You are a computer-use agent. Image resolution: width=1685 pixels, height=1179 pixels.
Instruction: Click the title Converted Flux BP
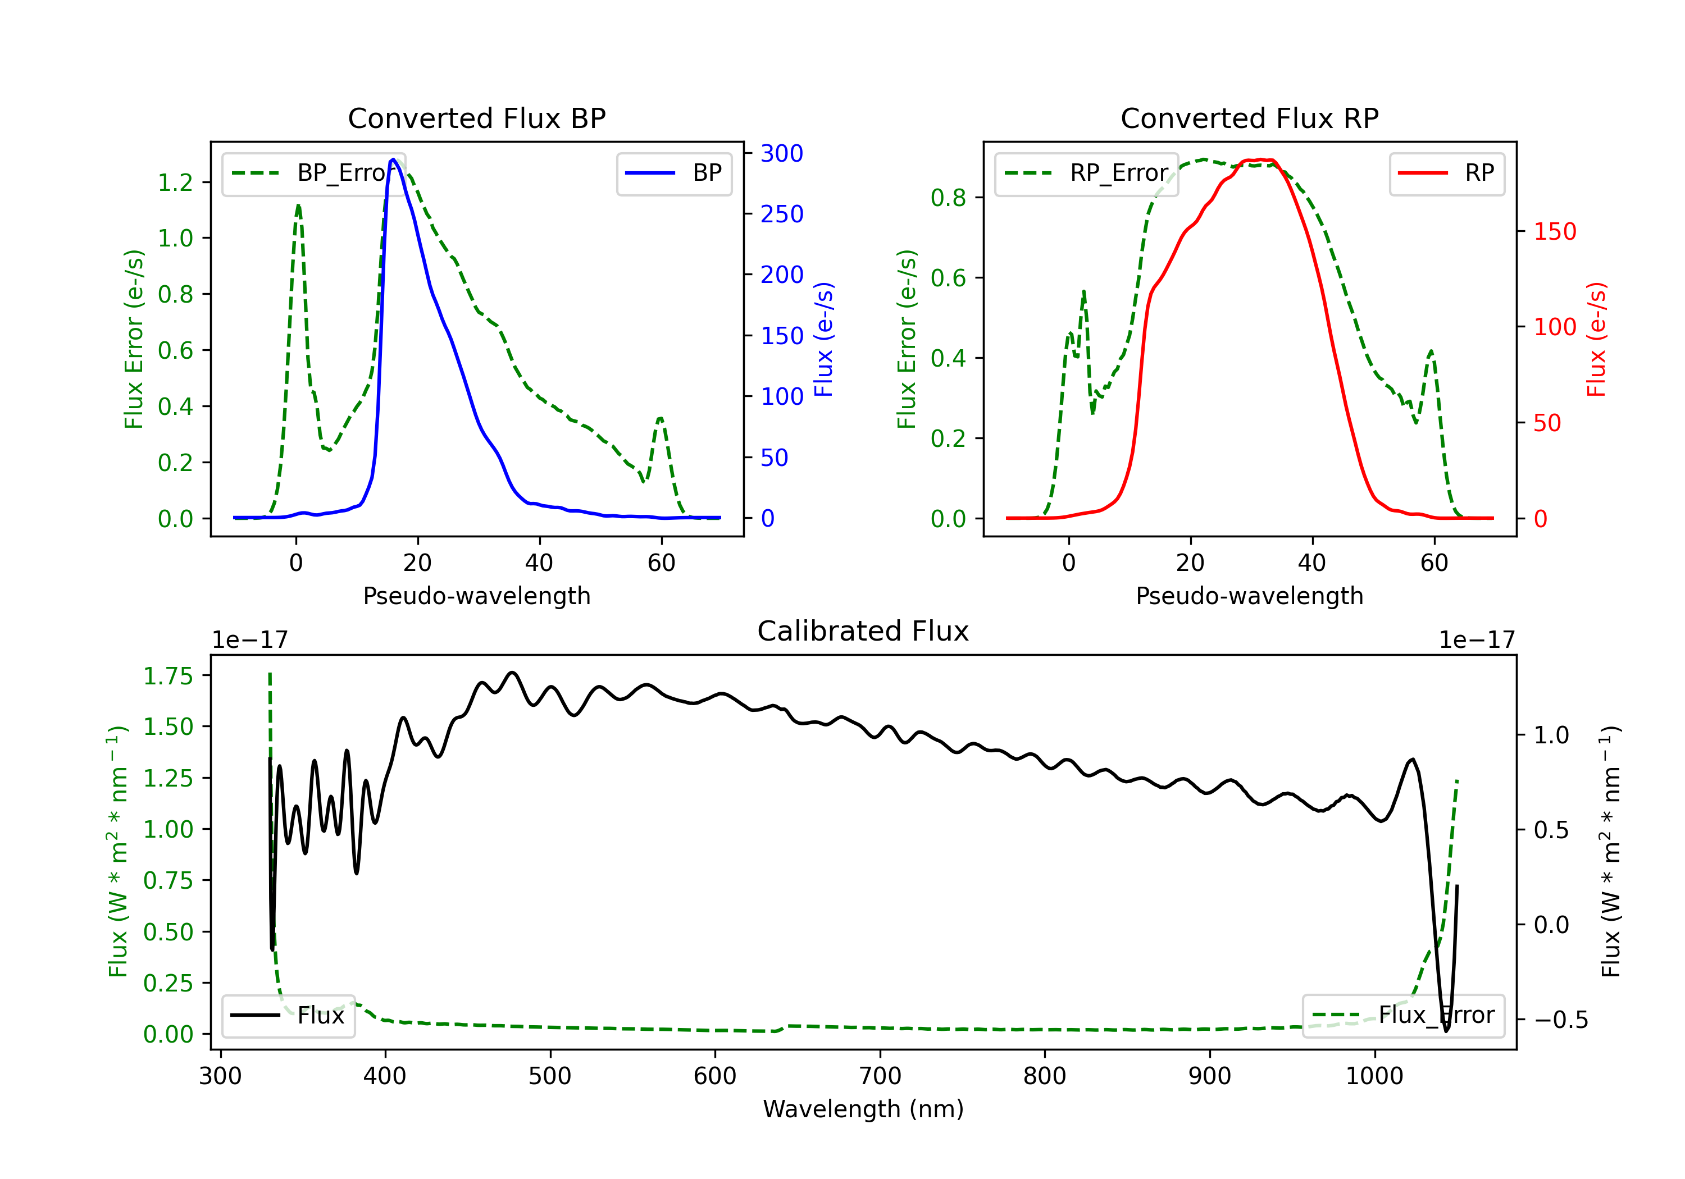[476, 118]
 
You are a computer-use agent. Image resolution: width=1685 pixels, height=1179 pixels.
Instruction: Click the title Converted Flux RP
[1249, 118]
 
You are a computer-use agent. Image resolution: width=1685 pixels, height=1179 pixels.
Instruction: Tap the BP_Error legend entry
[313, 173]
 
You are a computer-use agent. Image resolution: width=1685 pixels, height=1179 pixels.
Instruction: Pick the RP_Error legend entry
[1086, 173]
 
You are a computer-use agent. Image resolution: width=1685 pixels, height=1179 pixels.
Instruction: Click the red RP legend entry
[1446, 173]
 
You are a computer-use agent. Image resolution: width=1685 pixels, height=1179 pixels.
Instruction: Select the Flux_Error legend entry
[1402, 1016]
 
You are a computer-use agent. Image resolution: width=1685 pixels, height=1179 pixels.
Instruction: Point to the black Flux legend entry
[289, 1016]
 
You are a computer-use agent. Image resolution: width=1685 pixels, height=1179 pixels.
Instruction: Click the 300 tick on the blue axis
[782, 153]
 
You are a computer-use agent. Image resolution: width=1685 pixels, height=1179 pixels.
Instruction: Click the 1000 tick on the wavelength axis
[1374, 1076]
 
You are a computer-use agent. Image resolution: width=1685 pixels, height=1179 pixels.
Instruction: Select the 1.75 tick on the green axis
[167, 676]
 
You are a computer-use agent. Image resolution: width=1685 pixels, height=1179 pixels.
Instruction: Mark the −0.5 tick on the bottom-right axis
[1560, 1020]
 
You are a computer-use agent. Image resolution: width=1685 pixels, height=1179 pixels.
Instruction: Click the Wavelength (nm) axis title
[863, 1109]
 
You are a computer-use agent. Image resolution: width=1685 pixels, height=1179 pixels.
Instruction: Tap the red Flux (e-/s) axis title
[1596, 339]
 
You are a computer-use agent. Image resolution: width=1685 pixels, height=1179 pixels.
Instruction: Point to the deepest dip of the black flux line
[1446, 1031]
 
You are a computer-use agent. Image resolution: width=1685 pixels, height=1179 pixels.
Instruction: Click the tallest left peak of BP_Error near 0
[298, 205]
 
